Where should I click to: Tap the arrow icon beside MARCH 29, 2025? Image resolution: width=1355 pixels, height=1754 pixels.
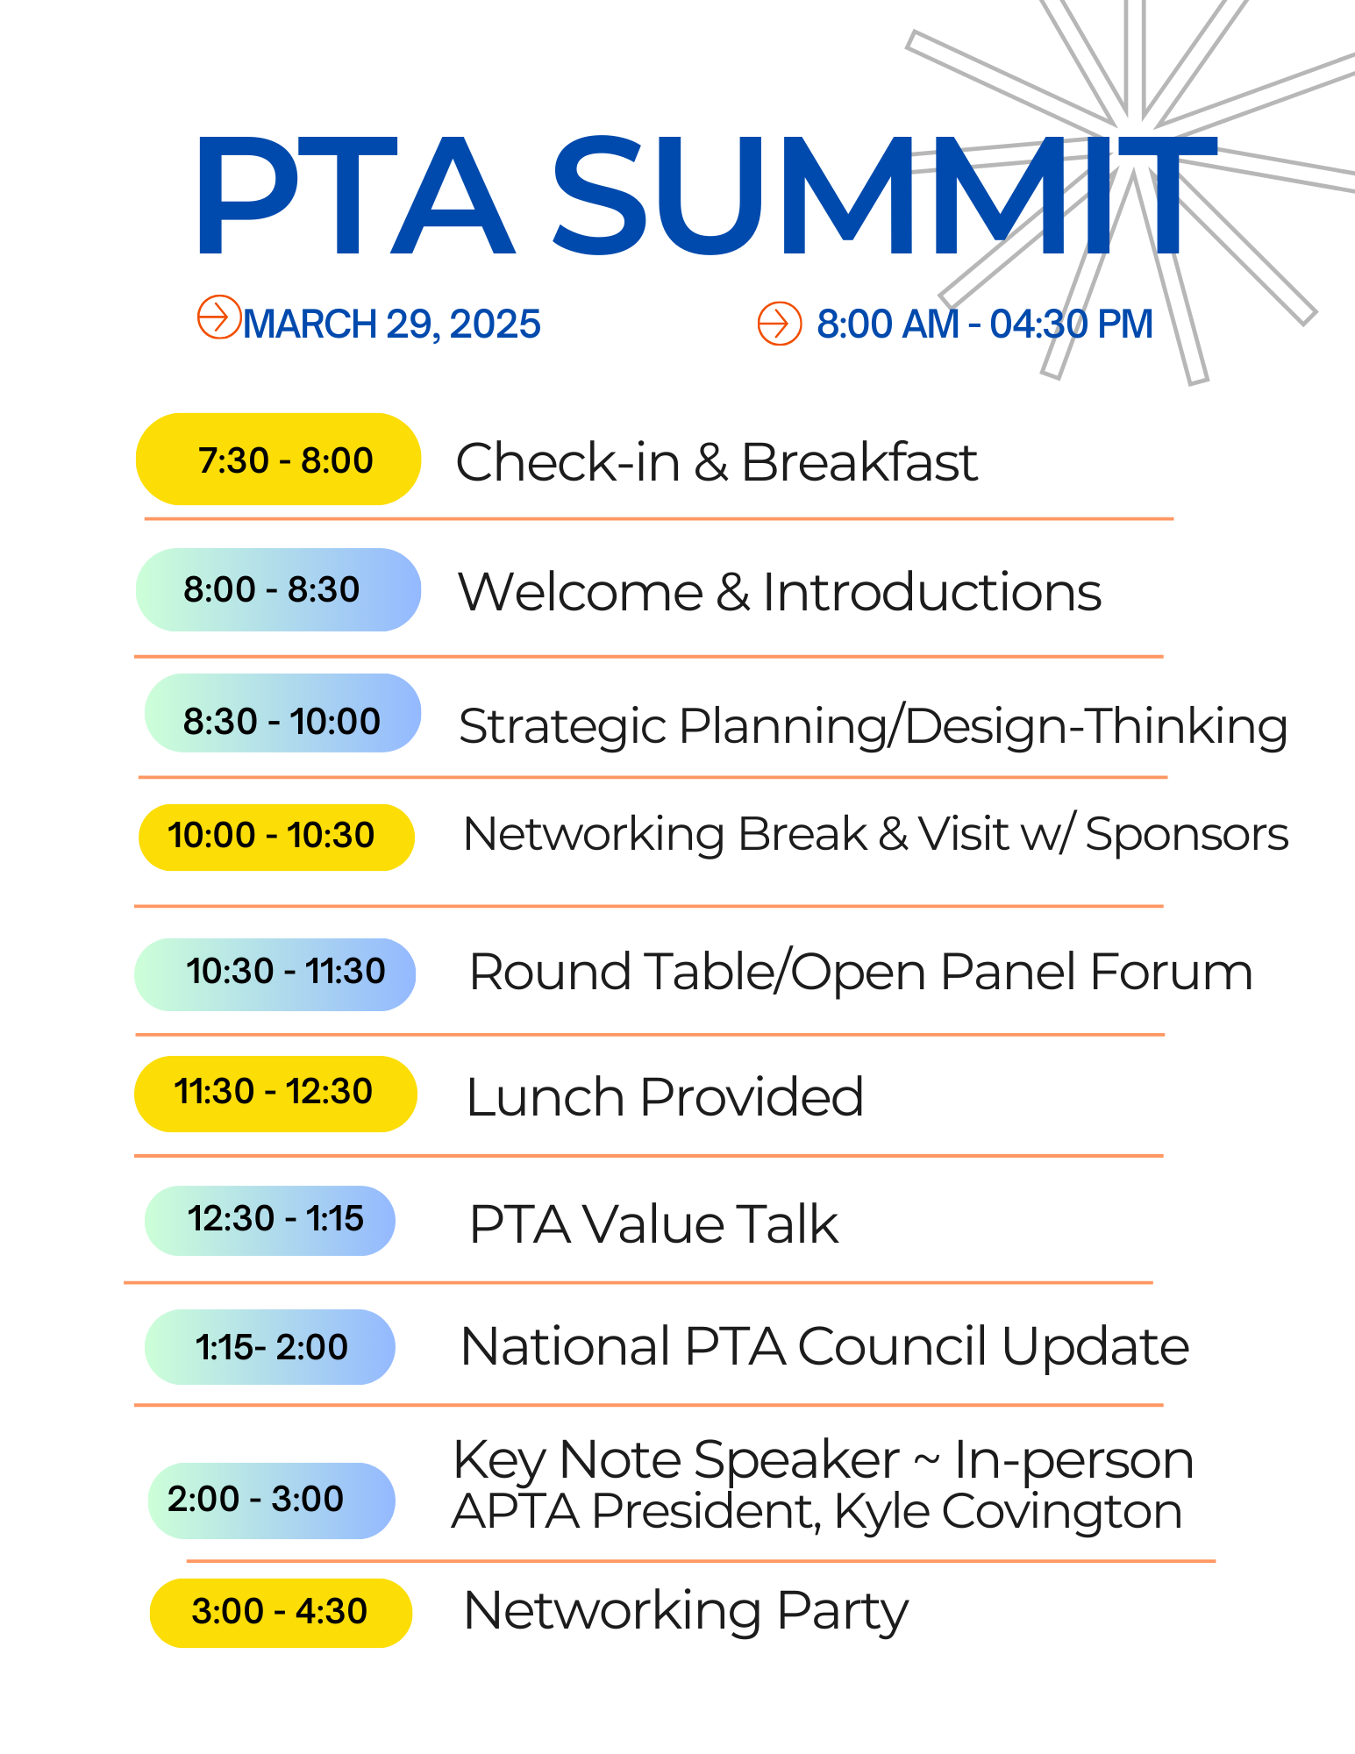219,317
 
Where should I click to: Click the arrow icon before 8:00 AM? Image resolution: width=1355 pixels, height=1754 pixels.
780,324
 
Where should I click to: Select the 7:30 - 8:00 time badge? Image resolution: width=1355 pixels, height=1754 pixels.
279,460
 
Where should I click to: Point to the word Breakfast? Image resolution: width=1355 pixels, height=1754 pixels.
859,462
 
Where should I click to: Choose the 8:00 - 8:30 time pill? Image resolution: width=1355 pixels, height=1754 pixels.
279,590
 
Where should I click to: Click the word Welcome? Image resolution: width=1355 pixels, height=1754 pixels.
581,592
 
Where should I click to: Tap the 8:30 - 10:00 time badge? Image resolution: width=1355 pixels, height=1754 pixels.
282,713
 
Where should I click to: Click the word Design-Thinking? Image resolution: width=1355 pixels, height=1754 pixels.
1096,727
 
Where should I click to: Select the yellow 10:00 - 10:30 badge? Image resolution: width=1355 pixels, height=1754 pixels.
276,838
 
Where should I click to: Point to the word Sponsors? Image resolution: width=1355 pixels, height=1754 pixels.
1187,834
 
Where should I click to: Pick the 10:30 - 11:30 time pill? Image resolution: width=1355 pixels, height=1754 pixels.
275,974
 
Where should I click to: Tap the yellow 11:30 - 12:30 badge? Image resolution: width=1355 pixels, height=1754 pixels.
275,1094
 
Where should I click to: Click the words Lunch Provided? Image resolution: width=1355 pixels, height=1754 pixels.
665,1097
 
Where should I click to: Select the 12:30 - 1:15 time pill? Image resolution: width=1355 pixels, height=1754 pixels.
270,1221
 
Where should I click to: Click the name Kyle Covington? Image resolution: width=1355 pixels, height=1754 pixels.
1009,1513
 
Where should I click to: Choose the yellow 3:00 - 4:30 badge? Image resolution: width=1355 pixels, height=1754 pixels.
281,1613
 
